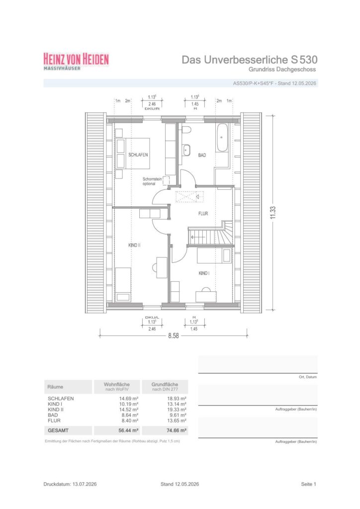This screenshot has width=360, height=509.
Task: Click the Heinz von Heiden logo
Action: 76,61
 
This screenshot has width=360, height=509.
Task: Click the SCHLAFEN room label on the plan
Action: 138,155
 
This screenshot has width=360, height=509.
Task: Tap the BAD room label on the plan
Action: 202,155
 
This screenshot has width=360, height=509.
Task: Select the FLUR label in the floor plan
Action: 203,214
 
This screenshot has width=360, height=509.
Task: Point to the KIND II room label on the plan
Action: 134,245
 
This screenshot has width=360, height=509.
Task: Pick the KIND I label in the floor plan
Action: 204,273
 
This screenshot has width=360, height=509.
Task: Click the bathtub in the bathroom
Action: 222,137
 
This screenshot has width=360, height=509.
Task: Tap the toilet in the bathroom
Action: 186,130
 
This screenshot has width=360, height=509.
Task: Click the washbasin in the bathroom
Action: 186,150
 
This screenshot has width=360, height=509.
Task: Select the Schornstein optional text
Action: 152,181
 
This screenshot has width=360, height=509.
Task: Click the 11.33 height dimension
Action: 273,213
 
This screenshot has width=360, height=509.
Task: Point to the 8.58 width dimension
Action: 174,336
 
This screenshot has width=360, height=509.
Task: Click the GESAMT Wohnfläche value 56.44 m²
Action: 129,430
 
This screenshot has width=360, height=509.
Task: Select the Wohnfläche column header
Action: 117,384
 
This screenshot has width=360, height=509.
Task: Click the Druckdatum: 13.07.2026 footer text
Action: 70,484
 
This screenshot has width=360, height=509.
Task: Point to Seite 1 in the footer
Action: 308,484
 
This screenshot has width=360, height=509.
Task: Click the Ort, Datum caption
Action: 308,377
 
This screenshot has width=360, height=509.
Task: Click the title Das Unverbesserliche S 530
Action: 249,60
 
